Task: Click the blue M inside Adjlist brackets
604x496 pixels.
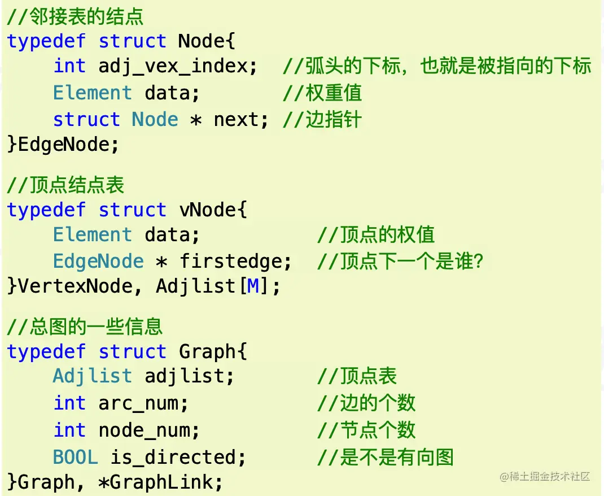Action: pos(253,286)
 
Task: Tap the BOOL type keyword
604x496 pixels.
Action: pos(75,457)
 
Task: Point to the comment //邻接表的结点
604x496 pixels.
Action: pos(75,16)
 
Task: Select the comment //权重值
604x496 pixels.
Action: pos(322,93)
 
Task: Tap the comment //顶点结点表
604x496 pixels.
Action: pos(65,185)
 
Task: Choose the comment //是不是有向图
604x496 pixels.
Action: pos(386,457)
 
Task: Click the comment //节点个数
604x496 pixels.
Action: pos(366,430)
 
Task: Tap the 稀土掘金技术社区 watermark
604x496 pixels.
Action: pos(545,477)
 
